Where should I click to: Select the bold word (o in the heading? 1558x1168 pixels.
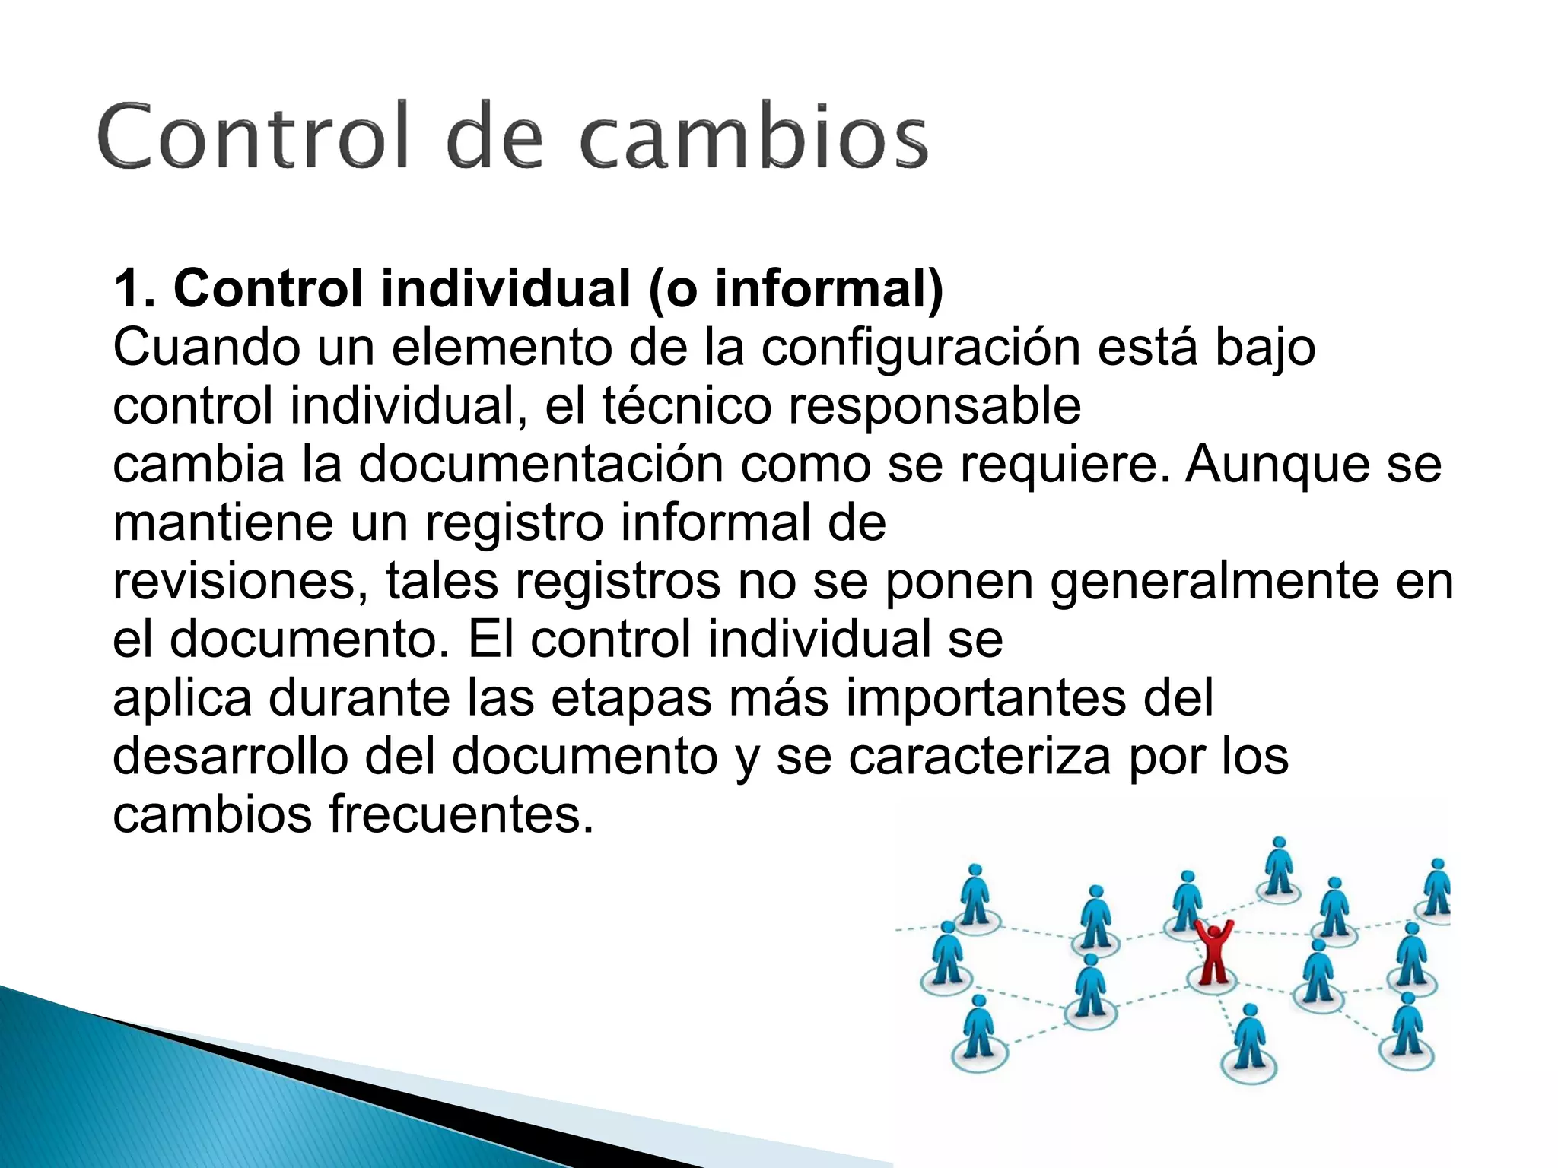tap(672, 289)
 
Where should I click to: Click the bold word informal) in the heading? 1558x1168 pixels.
tap(829, 289)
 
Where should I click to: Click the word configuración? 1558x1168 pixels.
tap(921, 348)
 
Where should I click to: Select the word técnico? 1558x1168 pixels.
tap(687, 406)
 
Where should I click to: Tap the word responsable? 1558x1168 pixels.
tap(934, 406)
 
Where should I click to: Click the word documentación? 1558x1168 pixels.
tap(540, 465)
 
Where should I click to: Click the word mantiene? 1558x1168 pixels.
tap(223, 523)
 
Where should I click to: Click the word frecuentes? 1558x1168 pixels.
tap(460, 815)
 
